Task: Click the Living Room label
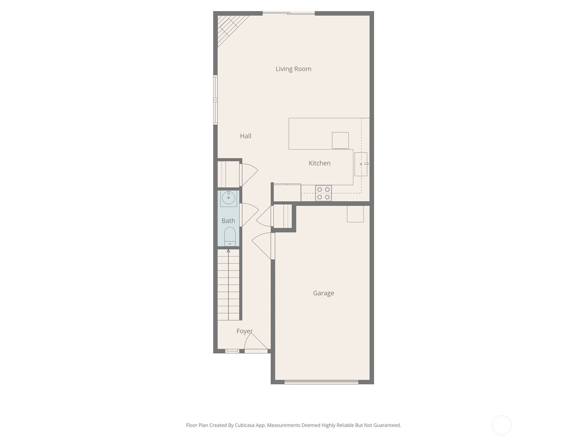point(293,69)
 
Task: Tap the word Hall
point(245,136)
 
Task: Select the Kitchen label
point(320,163)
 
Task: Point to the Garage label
point(323,293)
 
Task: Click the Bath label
point(228,221)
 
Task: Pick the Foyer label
point(244,331)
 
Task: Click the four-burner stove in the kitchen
point(323,193)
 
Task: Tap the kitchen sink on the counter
point(361,164)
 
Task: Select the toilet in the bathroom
point(230,236)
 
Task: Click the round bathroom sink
point(229,198)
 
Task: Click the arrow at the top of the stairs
point(228,251)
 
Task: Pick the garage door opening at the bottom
point(321,382)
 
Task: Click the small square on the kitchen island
point(340,140)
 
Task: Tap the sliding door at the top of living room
point(289,14)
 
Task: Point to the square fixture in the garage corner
point(355,214)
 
